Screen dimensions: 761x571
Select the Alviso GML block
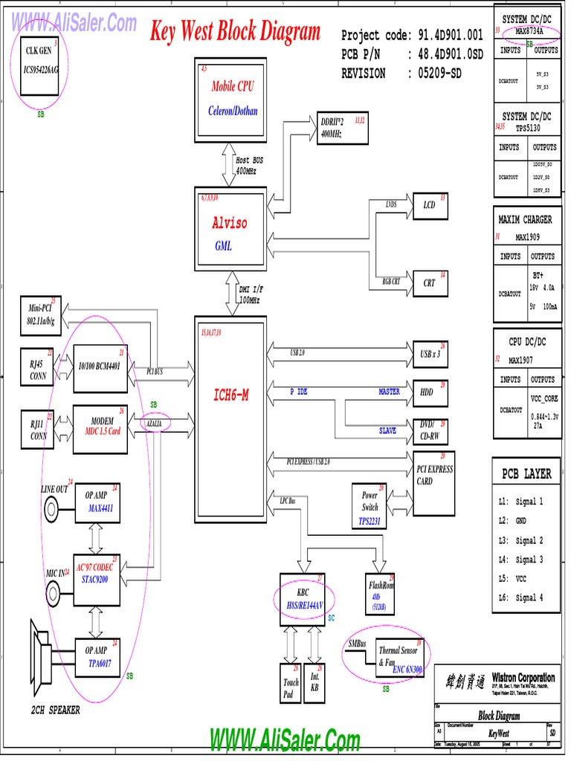230,230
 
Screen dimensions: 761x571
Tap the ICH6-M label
230,395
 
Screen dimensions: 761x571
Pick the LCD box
430,205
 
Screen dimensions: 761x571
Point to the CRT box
430,283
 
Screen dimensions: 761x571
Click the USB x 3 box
430,354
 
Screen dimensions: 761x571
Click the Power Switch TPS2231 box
370,507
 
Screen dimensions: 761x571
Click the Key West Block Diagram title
235,32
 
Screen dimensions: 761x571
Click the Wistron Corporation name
523,677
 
